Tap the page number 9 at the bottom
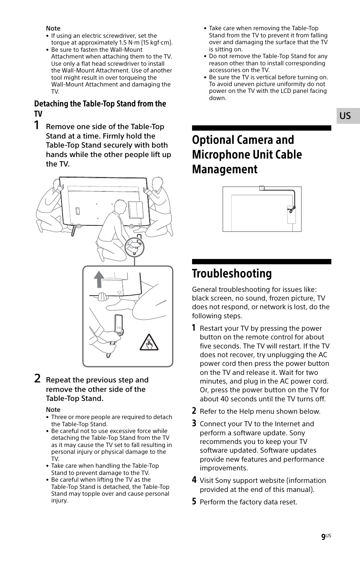click(323, 537)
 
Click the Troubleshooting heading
click(232, 273)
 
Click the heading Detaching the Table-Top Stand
click(100, 104)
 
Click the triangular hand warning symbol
click(149, 343)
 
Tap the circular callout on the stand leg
click(135, 247)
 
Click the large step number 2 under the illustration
click(37, 379)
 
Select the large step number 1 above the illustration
click(37, 125)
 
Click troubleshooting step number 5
click(194, 501)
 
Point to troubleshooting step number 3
click(194, 424)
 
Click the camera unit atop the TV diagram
click(262, 188)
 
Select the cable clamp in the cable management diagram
click(291, 209)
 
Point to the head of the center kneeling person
click(120, 207)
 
